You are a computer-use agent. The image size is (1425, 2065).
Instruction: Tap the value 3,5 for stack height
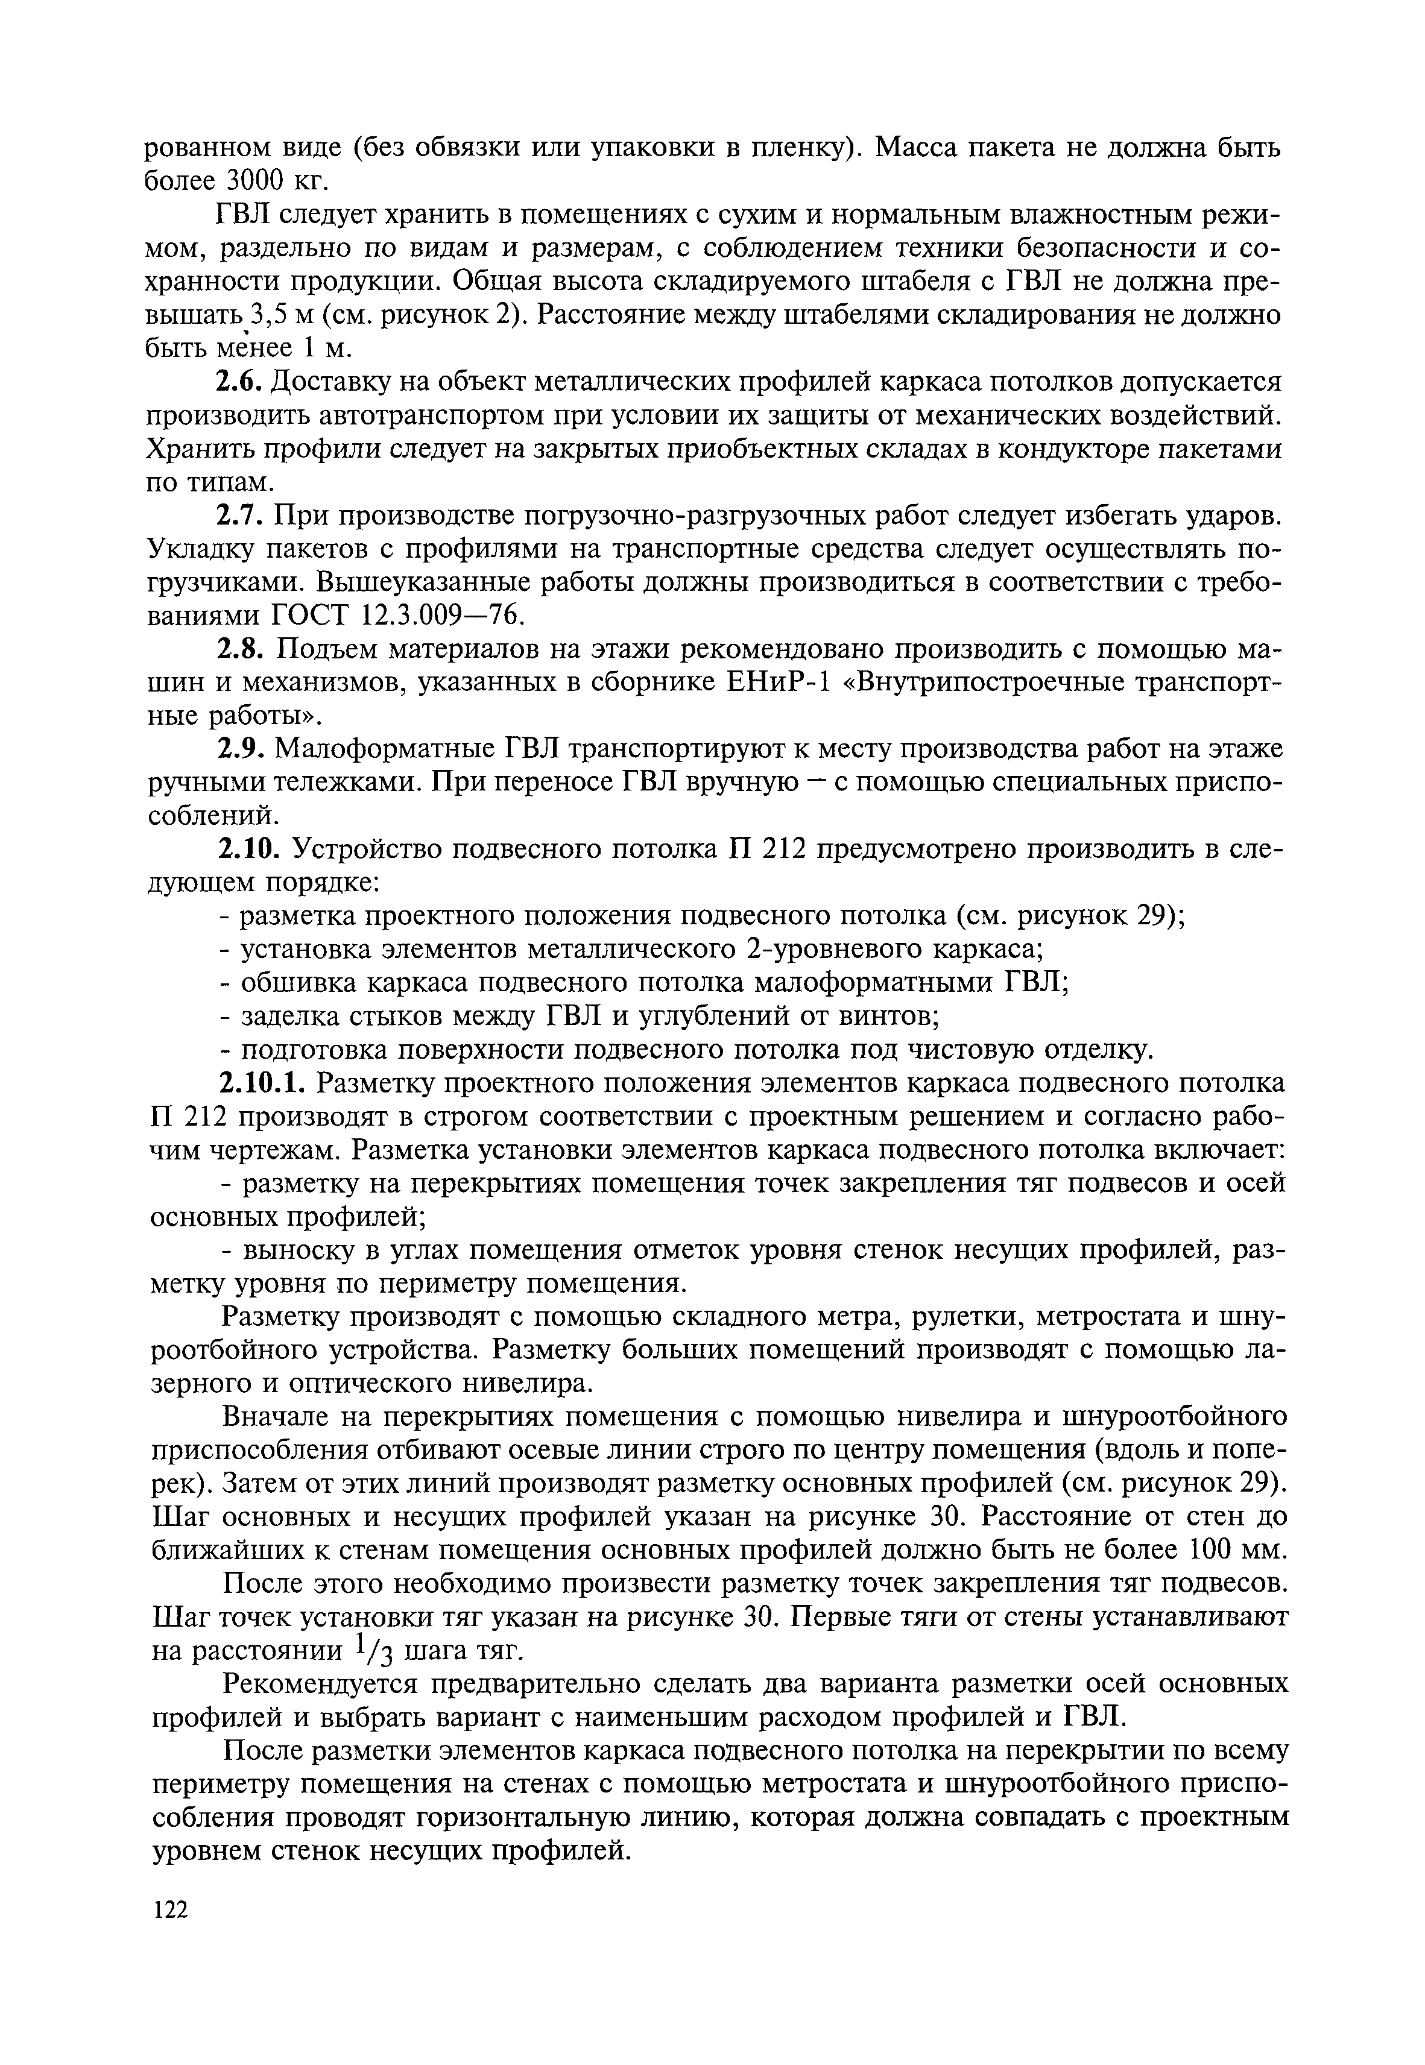(266, 315)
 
